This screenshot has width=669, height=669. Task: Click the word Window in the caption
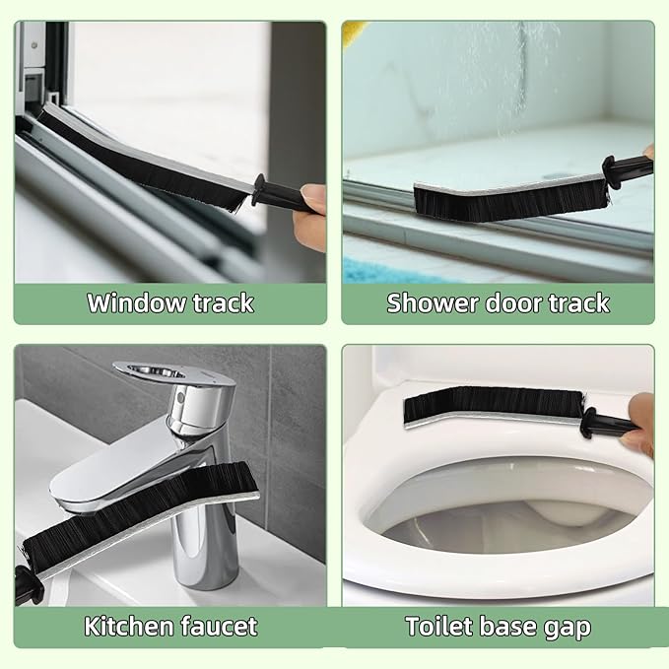137,302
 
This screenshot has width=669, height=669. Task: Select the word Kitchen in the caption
128,626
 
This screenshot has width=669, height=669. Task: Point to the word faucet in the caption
219,627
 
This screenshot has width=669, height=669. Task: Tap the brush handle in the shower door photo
628,168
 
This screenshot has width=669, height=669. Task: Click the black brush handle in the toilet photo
608,424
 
